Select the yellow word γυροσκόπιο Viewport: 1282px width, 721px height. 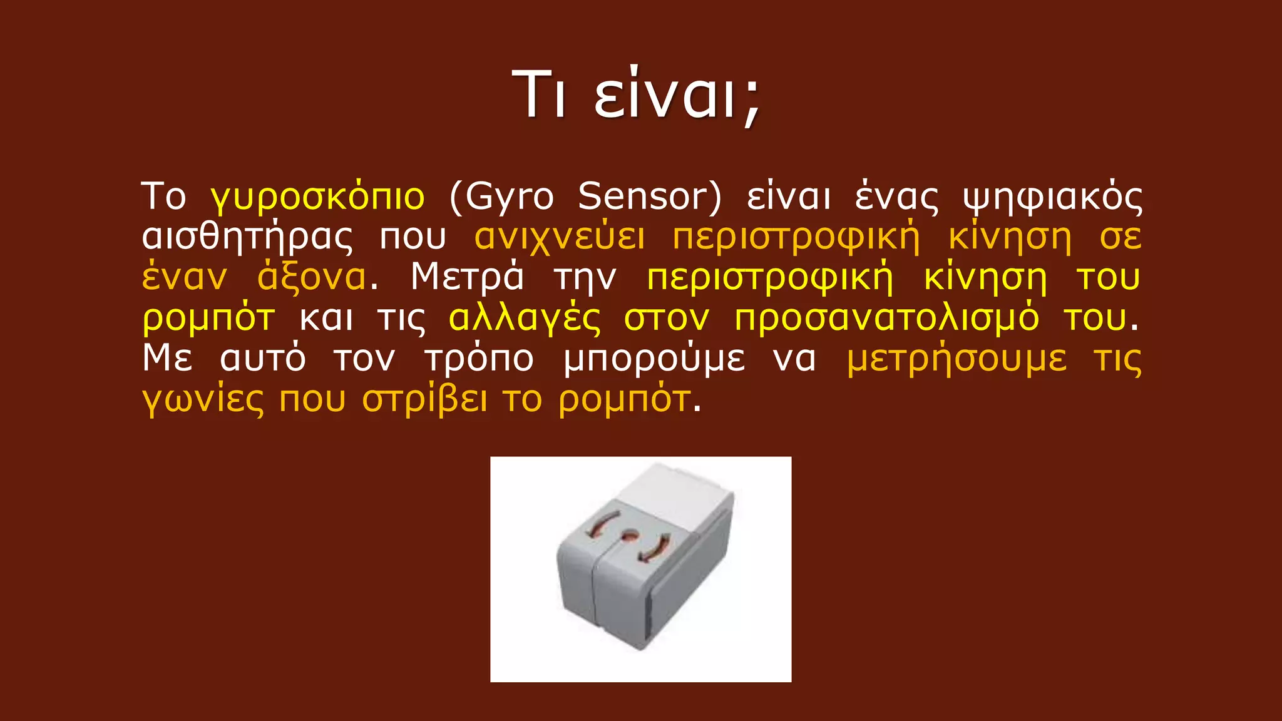pos(318,197)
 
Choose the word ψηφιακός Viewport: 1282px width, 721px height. pos(1052,197)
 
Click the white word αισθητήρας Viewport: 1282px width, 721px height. pos(247,238)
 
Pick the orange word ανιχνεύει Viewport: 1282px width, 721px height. pos(560,238)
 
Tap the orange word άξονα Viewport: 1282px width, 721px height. pos(312,278)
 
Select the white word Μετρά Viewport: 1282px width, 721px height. pos(467,277)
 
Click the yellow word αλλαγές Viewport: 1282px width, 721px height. pos(525,319)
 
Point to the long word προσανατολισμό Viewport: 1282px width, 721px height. pos(886,319)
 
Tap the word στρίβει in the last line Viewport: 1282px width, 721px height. pos(424,399)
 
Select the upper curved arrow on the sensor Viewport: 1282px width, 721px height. pos(602,523)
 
